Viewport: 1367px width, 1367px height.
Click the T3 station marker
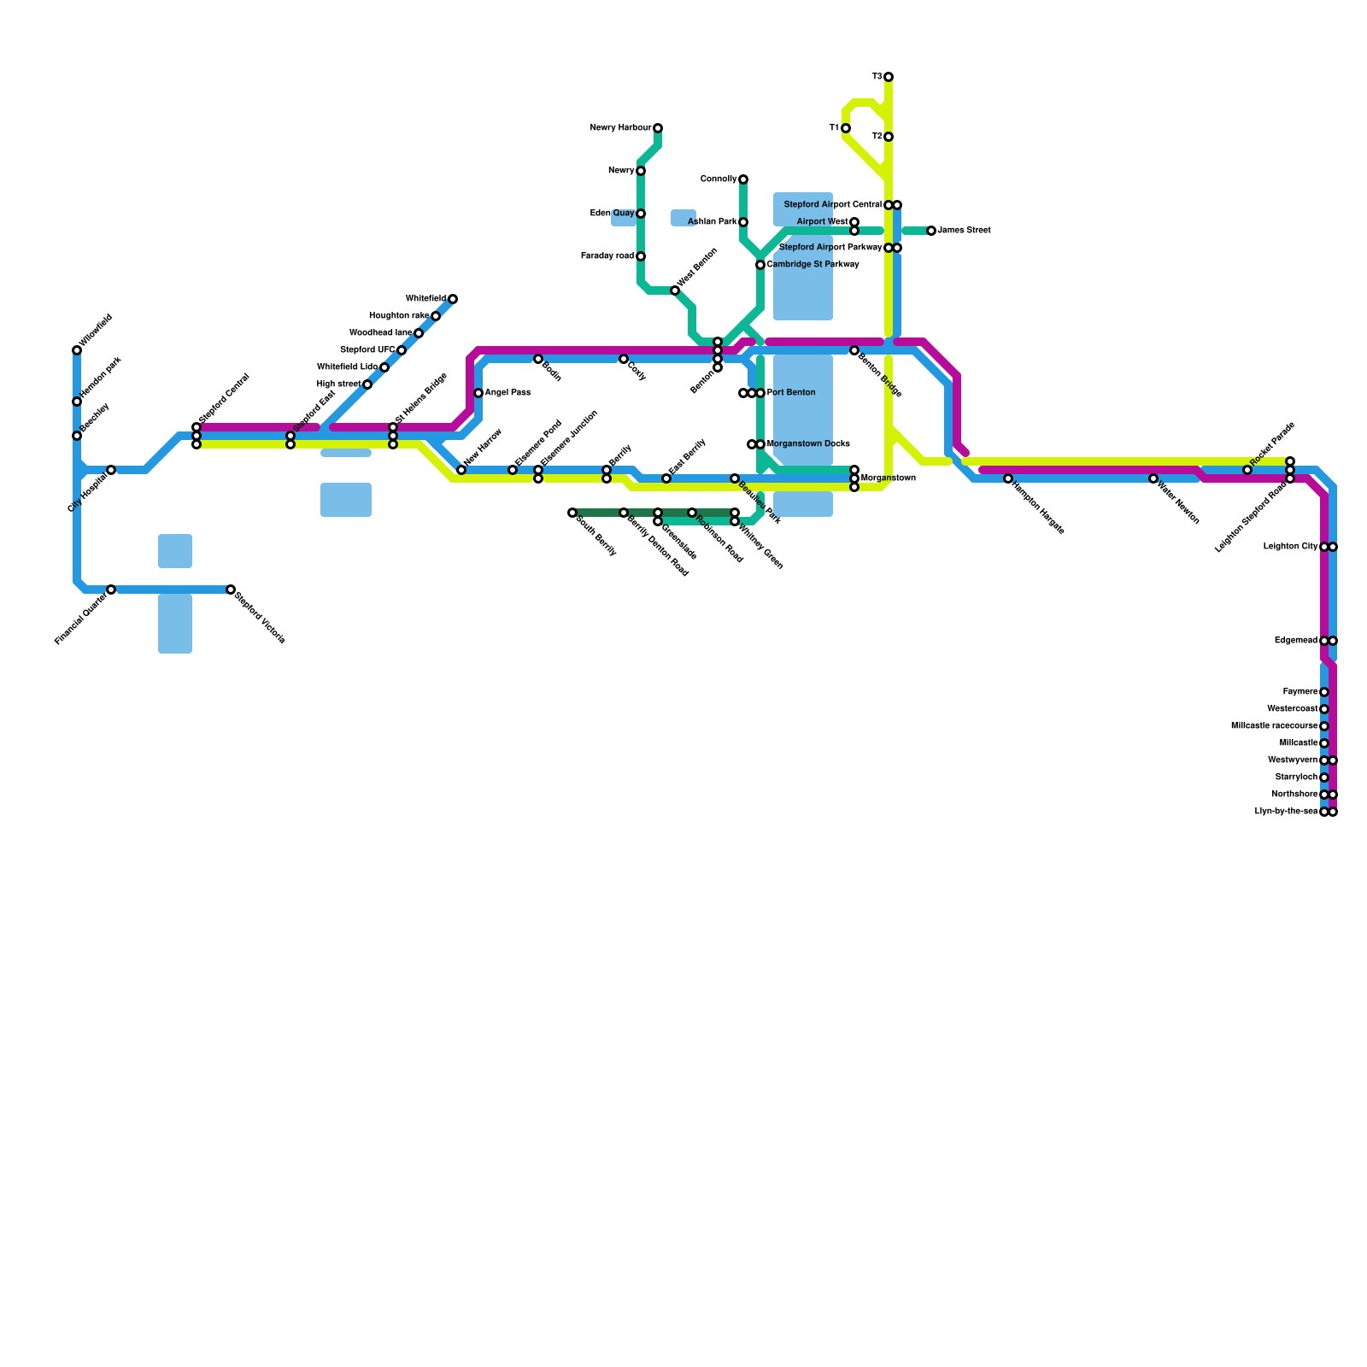pyautogui.click(x=889, y=77)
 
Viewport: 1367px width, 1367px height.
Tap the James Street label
pyautogui.click(x=964, y=231)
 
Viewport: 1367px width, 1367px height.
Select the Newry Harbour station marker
pyautogui.click(x=658, y=128)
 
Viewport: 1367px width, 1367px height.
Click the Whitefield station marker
pyautogui.click(x=453, y=299)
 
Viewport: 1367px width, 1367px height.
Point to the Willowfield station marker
pyautogui.click(x=77, y=350)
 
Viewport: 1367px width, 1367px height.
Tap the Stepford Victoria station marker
pyautogui.click(x=231, y=590)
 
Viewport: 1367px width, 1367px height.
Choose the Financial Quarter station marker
pyautogui.click(x=111, y=590)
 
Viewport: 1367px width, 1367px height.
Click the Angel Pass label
pyautogui.click(x=507, y=393)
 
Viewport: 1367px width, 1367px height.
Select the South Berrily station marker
pyautogui.click(x=572, y=513)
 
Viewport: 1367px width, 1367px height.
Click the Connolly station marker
pyautogui.click(x=743, y=179)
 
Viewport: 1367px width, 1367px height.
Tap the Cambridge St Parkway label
pyautogui.click(x=813, y=265)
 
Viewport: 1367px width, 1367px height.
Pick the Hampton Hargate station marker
pyautogui.click(x=1008, y=478)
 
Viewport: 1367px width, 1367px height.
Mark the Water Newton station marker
pyautogui.click(x=1153, y=478)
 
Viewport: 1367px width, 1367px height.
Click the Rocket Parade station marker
pyautogui.click(x=1247, y=470)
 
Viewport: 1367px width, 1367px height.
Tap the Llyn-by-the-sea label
pyautogui.click(x=1286, y=812)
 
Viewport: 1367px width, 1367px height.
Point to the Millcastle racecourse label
pyautogui.click(x=1274, y=726)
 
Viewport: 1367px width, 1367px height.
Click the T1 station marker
pyautogui.click(x=846, y=128)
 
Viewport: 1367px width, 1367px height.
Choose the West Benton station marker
pyautogui.click(x=675, y=290)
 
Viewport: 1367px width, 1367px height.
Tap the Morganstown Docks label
pyautogui.click(x=808, y=444)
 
